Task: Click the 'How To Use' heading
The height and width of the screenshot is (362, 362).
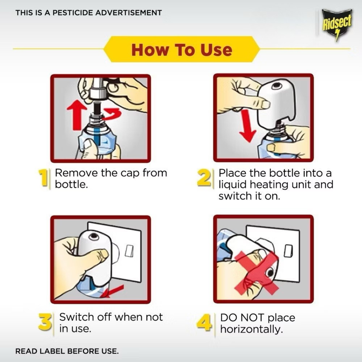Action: click(182, 50)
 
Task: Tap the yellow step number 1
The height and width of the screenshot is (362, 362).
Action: click(43, 177)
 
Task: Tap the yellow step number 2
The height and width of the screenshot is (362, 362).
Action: click(204, 177)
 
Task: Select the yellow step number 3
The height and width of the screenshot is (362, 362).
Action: click(45, 321)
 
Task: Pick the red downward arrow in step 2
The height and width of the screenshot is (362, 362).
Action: click(248, 126)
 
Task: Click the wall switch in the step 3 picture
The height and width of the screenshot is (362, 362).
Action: click(129, 251)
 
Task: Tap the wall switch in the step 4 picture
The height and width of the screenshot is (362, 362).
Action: click(288, 250)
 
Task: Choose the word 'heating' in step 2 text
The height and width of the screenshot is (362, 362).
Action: click(269, 185)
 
